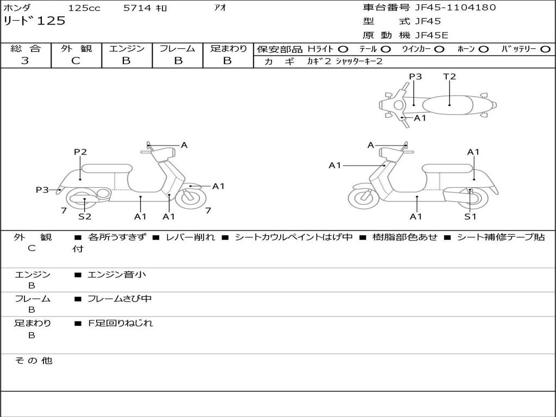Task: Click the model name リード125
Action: pos(34,21)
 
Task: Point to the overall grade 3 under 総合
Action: pos(25,61)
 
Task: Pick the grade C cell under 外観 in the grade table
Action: pos(75,61)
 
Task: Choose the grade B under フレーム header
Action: pos(178,61)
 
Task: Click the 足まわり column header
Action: pos(228,48)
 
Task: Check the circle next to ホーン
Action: pos(484,49)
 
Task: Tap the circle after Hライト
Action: pos(343,49)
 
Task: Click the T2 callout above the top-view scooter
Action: pos(450,77)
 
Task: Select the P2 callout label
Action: pos(80,152)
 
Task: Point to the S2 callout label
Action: pos(85,216)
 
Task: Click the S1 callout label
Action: pos(470,216)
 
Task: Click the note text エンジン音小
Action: pos(116,275)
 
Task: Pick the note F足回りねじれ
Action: pos(121,323)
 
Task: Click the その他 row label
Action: pos(33,361)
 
